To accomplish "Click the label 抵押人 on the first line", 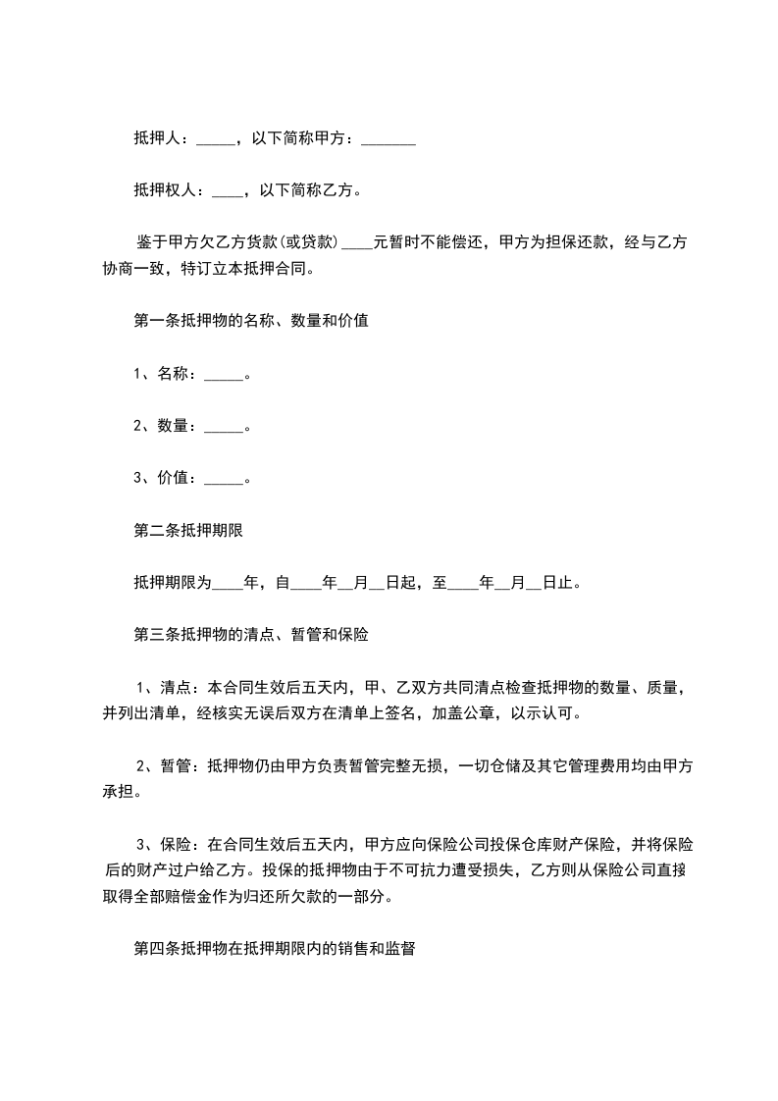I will point(156,139).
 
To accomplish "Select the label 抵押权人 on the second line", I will point(164,190).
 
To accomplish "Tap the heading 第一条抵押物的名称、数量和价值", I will point(250,320).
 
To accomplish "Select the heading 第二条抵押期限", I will point(187,531).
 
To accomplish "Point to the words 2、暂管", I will point(163,765).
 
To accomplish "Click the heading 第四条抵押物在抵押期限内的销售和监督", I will point(274,949).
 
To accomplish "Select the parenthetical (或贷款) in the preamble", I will point(306,242).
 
